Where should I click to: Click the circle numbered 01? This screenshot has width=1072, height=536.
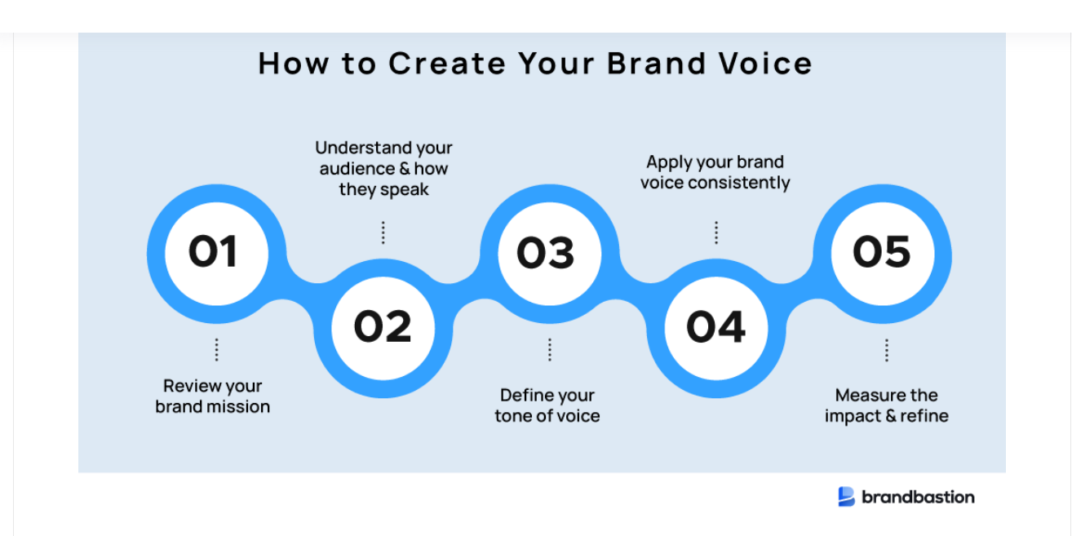(x=216, y=252)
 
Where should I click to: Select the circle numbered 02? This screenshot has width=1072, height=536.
(x=383, y=326)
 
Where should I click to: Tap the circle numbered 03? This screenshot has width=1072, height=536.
(x=549, y=253)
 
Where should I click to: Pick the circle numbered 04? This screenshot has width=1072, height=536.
(x=715, y=326)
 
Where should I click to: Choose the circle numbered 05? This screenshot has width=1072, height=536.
(x=882, y=252)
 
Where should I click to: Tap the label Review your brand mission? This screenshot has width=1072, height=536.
(x=213, y=396)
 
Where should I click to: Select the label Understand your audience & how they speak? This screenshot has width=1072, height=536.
(x=383, y=169)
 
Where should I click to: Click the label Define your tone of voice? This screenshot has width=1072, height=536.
(x=547, y=405)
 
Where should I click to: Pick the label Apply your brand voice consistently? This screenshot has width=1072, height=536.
(x=715, y=172)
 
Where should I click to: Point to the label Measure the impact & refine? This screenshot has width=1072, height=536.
(x=886, y=405)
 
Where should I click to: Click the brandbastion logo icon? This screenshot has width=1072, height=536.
(x=846, y=496)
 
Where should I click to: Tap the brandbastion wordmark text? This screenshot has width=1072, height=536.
(x=918, y=497)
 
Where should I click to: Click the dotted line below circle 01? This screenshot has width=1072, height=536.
(x=216, y=350)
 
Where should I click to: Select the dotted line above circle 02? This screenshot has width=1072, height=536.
(x=383, y=233)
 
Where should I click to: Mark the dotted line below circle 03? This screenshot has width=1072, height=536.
(x=549, y=350)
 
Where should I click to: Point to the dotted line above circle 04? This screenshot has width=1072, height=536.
(x=715, y=233)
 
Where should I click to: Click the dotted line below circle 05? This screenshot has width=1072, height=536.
(x=886, y=350)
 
